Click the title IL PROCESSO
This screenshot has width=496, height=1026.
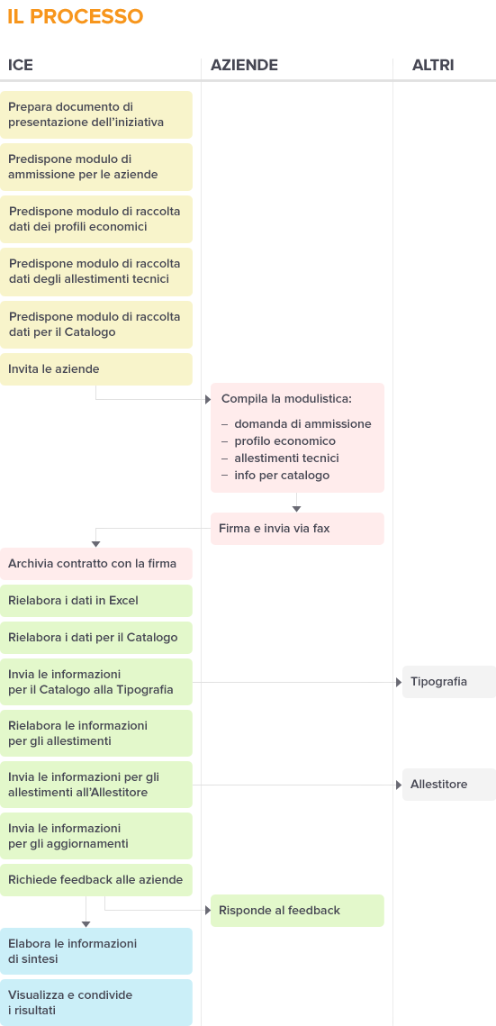click(75, 16)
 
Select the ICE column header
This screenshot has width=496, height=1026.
click(21, 65)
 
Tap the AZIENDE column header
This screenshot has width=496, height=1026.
click(245, 65)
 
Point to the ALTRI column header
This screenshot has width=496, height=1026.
click(433, 65)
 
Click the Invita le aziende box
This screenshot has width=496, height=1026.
click(96, 369)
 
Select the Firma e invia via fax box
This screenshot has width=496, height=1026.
click(297, 529)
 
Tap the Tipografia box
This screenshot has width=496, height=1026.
click(449, 682)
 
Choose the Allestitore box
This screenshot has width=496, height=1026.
click(449, 785)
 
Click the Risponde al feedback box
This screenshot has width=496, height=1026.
click(297, 911)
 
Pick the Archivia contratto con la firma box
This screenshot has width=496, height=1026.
click(96, 564)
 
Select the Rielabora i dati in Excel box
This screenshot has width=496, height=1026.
click(96, 601)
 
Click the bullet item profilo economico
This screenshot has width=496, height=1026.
click(285, 441)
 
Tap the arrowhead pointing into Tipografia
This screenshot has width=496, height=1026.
click(399, 683)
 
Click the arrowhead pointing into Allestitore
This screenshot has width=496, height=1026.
click(399, 785)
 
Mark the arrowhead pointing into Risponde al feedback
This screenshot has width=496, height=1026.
click(207, 910)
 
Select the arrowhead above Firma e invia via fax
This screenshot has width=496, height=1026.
click(297, 508)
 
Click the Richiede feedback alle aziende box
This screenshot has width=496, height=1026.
click(96, 880)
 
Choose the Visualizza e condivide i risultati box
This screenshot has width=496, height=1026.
click(96, 1003)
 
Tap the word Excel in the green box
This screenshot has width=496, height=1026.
click(123, 601)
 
